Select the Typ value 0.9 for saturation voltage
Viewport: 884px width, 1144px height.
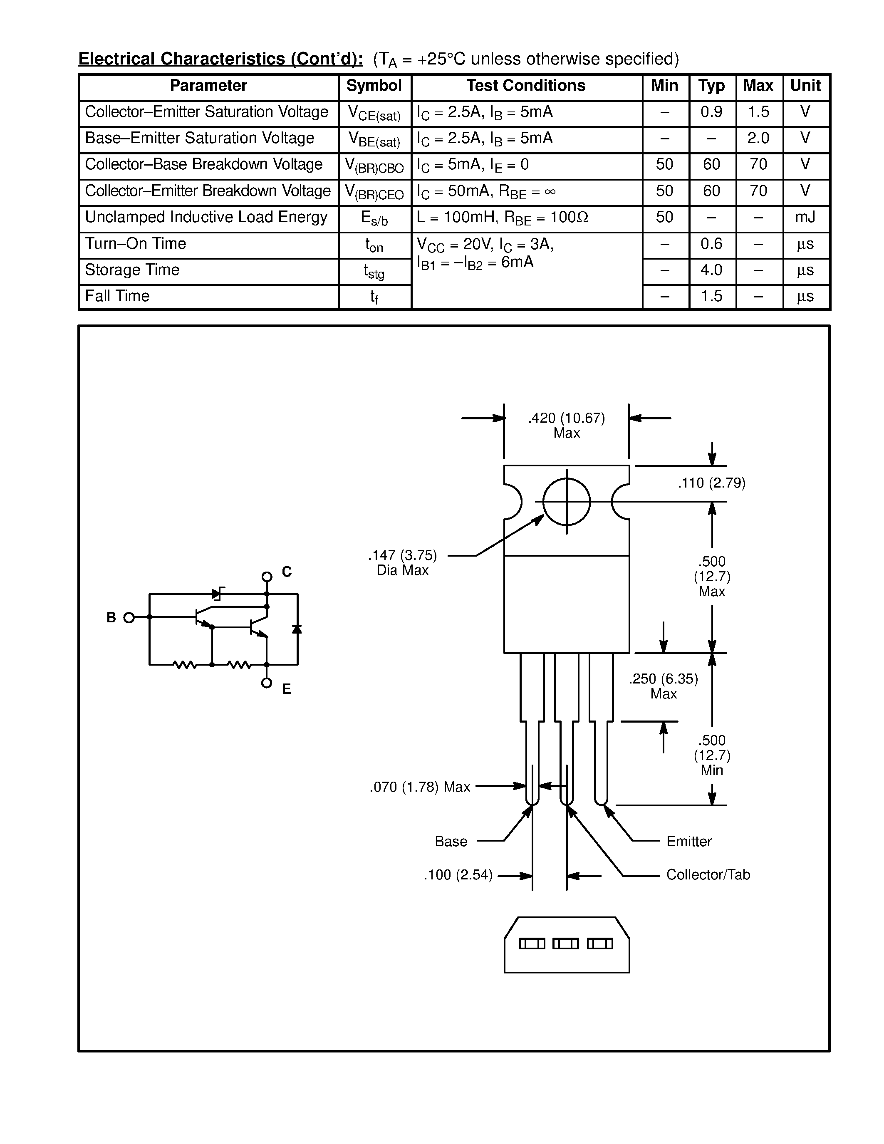711,112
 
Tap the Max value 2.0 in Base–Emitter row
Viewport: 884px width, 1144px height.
758,138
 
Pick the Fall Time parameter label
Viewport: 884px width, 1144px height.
117,297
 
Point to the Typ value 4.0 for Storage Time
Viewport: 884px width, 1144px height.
711,270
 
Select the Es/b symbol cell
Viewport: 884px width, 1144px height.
374,218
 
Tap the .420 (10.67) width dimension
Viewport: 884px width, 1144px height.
566,418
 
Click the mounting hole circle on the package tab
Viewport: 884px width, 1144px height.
566,502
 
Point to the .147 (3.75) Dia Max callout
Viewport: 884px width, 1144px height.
402,562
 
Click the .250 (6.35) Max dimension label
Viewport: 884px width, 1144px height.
663,686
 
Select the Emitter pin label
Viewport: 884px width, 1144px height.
688,841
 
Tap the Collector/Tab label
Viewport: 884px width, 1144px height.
708,875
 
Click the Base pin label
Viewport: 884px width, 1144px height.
451,841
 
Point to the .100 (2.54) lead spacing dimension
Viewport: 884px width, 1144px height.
458,875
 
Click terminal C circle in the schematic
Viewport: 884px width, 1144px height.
267,577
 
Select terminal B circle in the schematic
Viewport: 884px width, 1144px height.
129,618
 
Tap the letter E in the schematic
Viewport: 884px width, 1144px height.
287,689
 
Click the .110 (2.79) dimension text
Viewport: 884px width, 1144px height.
711,483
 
